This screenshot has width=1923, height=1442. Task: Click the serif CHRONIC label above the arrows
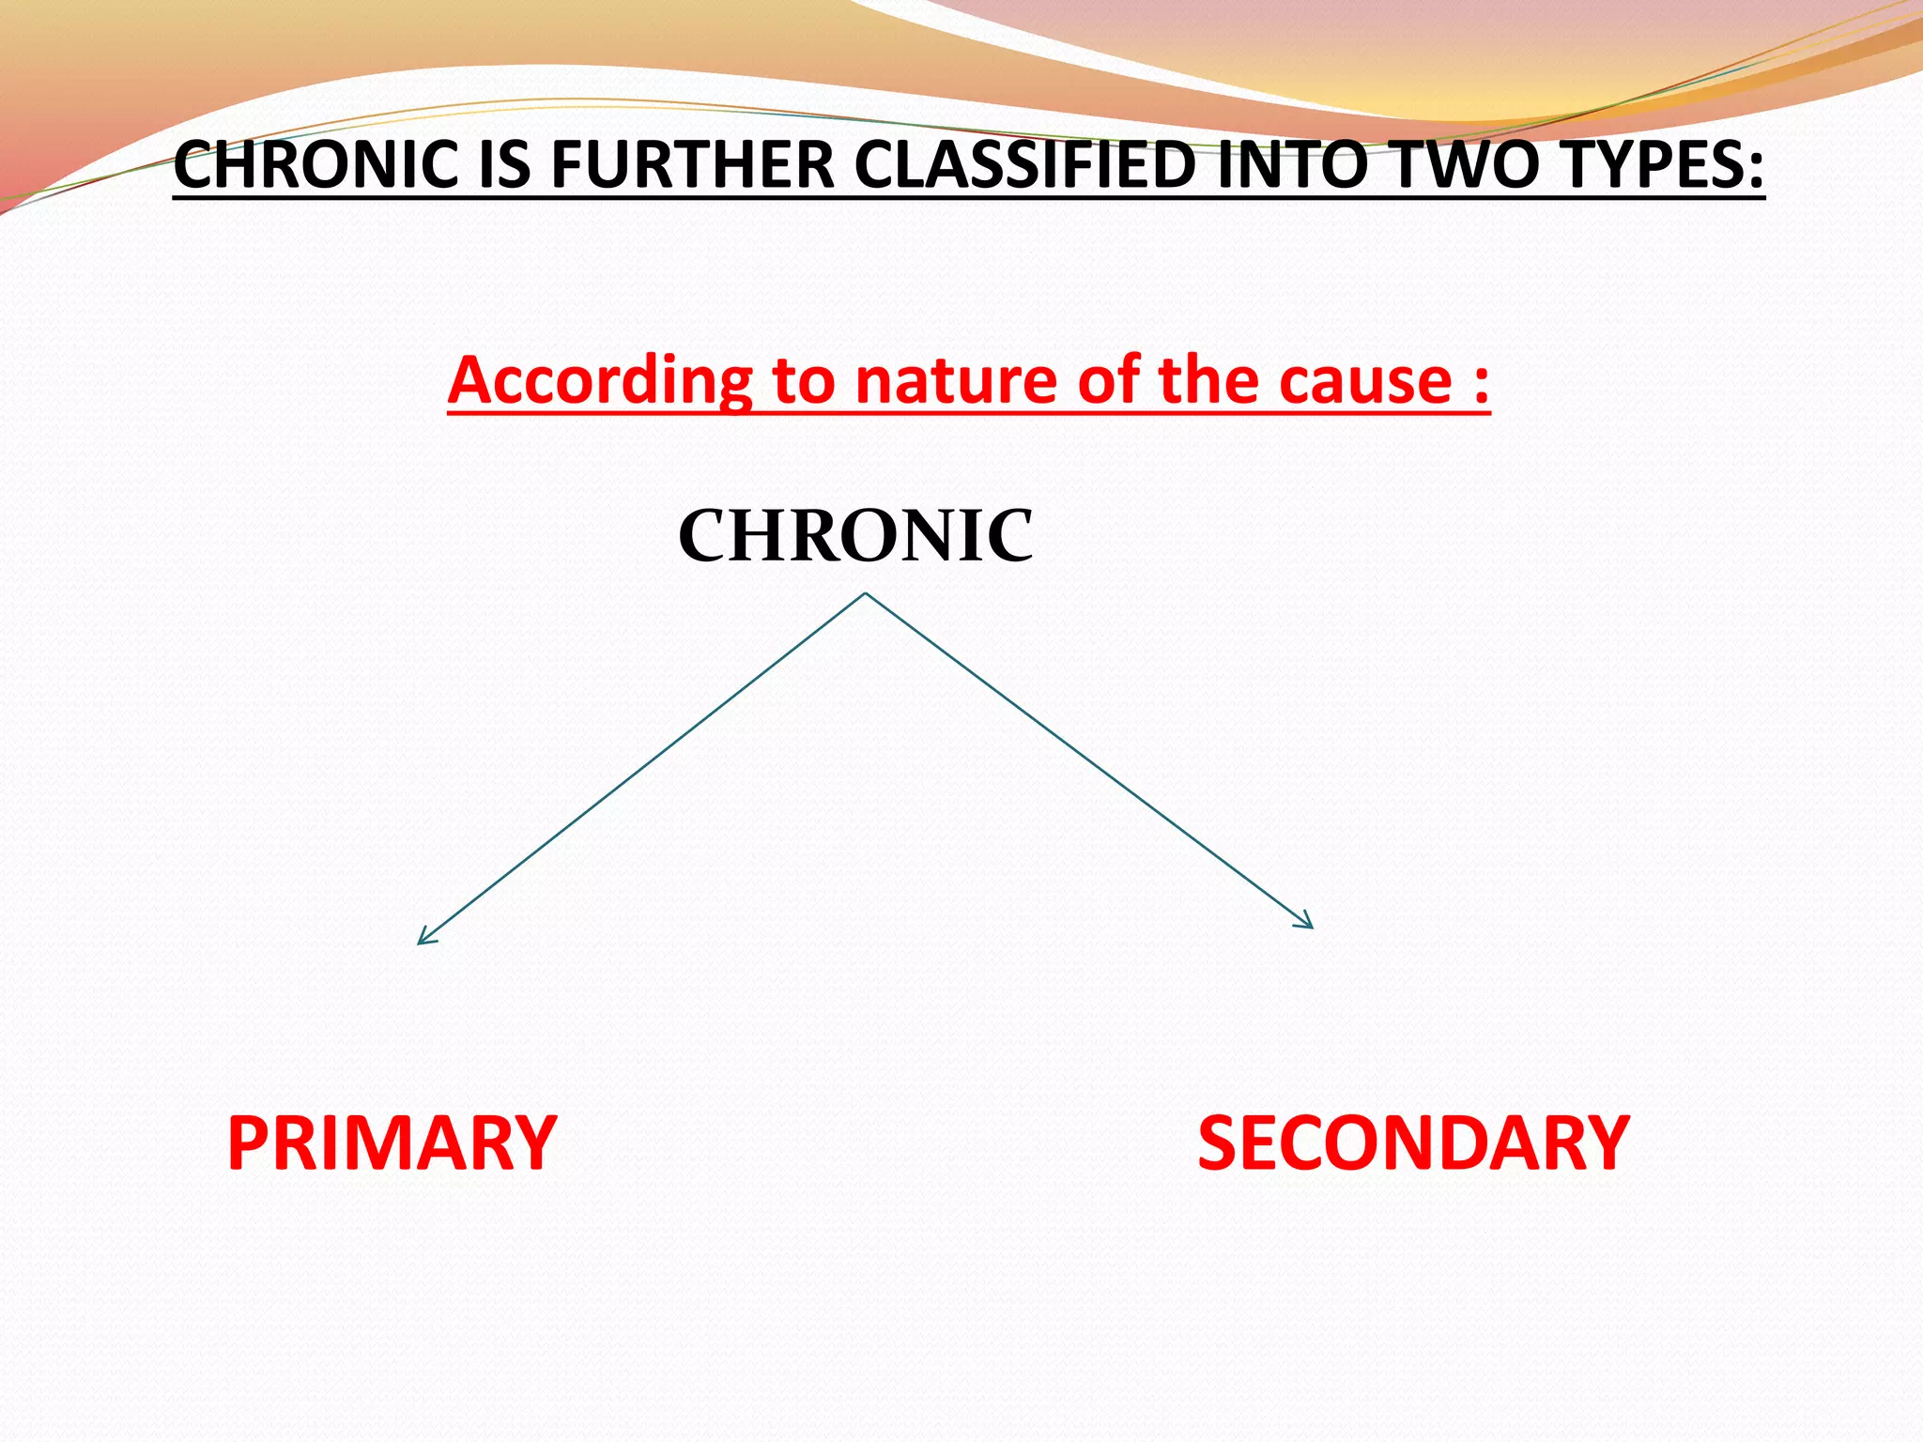pos(855,536)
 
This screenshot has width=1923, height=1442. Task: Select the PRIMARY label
pos(392,1143)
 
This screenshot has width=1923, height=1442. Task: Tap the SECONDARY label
pos(1413,1143)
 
